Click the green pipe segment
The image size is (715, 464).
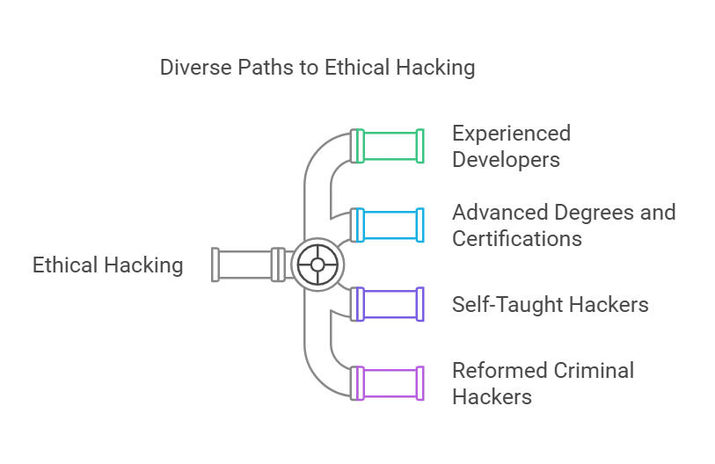(391, 146)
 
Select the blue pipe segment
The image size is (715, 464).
(391, 225)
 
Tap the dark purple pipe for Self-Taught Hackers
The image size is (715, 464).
(391, 304)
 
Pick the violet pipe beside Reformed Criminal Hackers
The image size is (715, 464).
(391, 383)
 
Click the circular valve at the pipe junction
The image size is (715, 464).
(317, 265)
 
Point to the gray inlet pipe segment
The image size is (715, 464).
(246, 265)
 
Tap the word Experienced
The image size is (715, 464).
(511, 134)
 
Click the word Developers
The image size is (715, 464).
(506, 160)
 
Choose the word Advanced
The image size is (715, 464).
(500, 213)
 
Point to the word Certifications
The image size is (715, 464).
(516, 238)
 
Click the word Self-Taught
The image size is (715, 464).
(505, 305)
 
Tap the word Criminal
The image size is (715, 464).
(595, 370)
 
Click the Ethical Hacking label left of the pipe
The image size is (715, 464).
(108, 265)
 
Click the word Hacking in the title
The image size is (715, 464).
(435, 68)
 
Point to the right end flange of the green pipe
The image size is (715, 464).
(420, 146)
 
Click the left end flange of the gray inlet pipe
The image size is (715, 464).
(216, 265)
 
